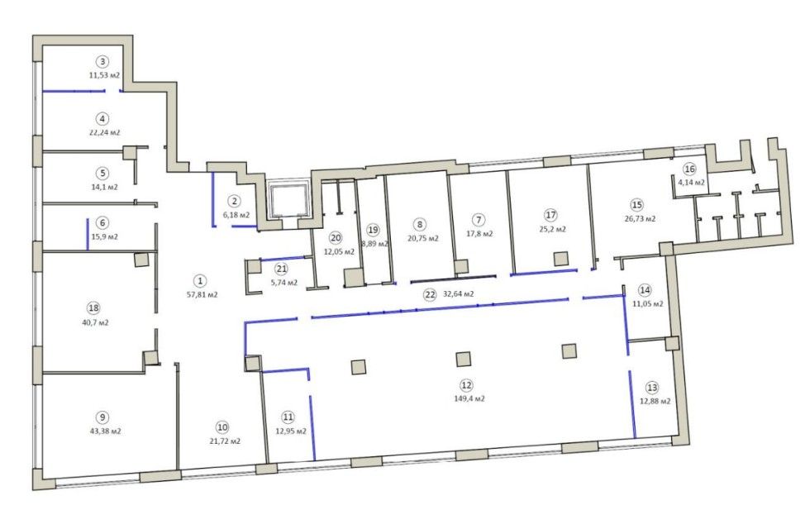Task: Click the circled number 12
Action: pyautogui.click(x=466, y=384)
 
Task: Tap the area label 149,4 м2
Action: pyautogui.click(x=469, y=398)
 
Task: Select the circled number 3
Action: pyautogui.click(x=102, y=62)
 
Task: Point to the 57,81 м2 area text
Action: pyautogui.click(x=202, y=295)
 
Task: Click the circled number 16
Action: pyautogui.click(x=689, y=169)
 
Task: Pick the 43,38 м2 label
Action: pyautogui.click(x=105, y=431)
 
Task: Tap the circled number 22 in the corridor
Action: pyautogui.click(x=430, y=294)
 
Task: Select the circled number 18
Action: pyautogui.click(x=93, y=308)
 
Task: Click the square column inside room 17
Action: pyautogui.click(x=562, y=258)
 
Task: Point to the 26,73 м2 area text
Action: pyautogui.click(x=640, y=218)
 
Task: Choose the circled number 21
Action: pyautogui.click(x=281, y=269)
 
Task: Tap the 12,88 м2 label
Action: pyautogui.click(x=655, y=401)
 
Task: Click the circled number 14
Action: pyautogui.click(x=645, y=290)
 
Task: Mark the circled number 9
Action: pyautogui.click(x=102, y=417)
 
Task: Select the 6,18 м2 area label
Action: pyautogui.click(x=236, y=215)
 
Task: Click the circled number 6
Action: pyautogui.click(x=102, y=223)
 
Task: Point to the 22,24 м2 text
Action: pyautogui.click(x=105, y=132)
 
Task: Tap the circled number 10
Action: pyautogui.click(x=222, y=427)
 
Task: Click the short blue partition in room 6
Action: pyautogui.click(x=88, y=235)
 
